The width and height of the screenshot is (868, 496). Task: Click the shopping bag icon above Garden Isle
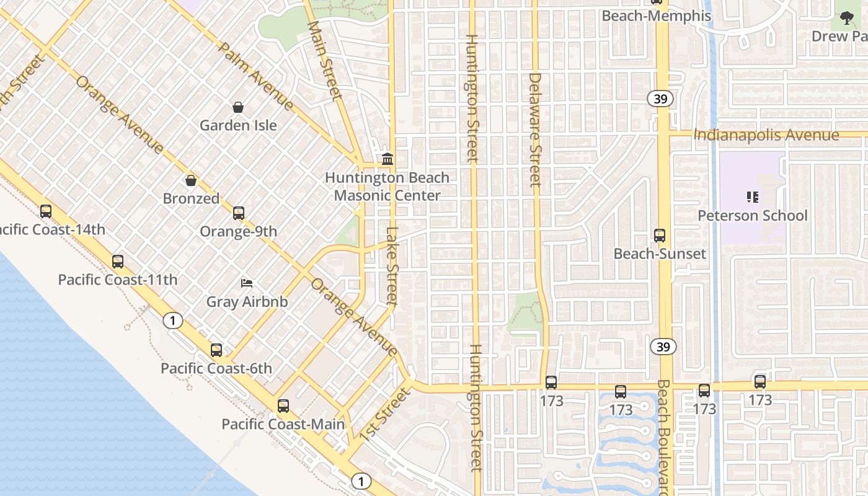tap(238, 107)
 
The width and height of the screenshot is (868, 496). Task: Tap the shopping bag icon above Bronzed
tap(191, 180)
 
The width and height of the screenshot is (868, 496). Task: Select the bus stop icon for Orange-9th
tap(239, 213)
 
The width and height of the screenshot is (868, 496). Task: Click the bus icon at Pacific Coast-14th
tap(46, 211)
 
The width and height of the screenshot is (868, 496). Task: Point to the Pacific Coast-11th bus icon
tap(118, 262)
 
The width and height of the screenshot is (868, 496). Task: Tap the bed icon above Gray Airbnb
tap(247, 284)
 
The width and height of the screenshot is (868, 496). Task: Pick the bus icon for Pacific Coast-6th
tap(216, 350)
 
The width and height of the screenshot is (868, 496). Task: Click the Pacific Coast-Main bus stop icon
tap(283, 406)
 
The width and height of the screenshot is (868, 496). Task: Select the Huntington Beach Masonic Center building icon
tap(387, 159)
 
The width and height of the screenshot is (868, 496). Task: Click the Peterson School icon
tap(753, 198)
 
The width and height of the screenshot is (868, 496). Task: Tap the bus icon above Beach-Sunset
tap(660, 236)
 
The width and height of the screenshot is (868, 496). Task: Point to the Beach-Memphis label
tap(657, 15)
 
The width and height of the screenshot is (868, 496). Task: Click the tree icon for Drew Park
tap(847, 18)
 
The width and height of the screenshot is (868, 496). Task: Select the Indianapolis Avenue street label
tap(766, 135)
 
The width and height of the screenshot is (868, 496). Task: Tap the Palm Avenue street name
tap(255, 76)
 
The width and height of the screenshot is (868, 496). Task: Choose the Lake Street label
tap(392, 265)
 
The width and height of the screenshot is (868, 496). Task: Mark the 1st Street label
tap(385, 414)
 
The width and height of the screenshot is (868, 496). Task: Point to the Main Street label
tap(325, 60)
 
